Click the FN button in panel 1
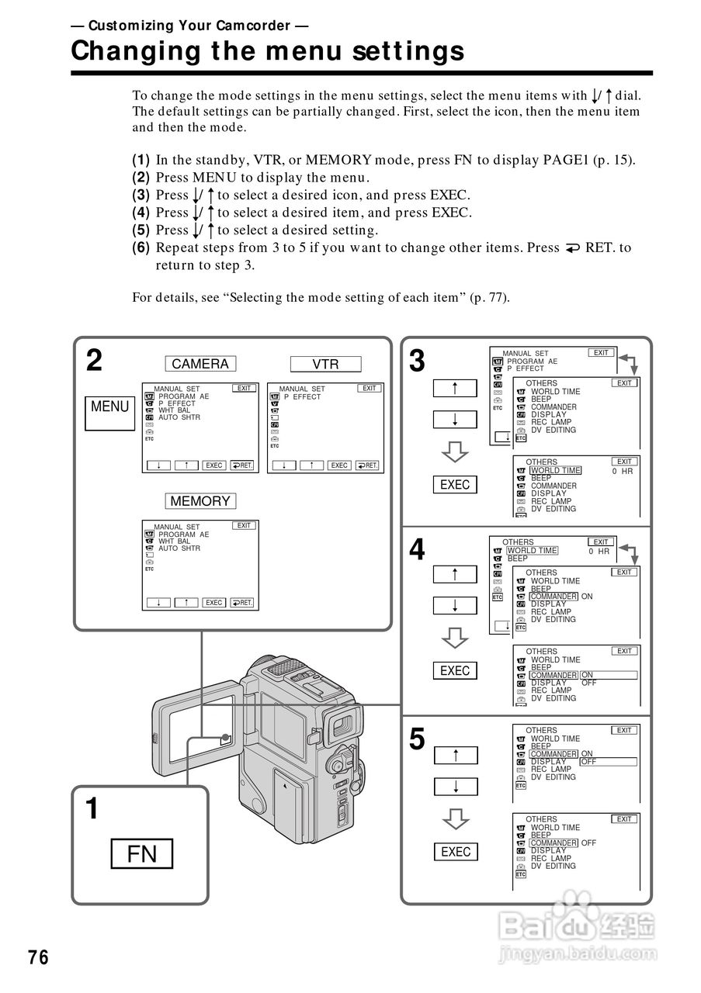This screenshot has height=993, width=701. [142, 854]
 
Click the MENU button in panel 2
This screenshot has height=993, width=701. [110, 407]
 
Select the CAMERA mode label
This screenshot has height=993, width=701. [200, 364]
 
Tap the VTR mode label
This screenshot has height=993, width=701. [325, 364]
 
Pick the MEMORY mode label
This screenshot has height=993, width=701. [200, 501]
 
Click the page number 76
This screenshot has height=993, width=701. [38, 958]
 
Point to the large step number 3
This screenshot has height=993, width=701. [417, 361]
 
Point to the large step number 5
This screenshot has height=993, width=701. [417, 740]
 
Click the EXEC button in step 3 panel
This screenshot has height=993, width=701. [455, 485]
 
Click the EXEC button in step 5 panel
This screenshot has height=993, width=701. [455, 852]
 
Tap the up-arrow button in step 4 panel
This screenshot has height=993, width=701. [455, 574]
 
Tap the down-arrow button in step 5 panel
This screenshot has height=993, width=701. [455, 787]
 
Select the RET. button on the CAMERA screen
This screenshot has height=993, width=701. [242, 465]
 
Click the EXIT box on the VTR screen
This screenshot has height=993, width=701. [370, 388]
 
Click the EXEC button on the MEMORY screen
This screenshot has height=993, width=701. [213, 603]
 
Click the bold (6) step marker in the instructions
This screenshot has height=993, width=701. [141, 248]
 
